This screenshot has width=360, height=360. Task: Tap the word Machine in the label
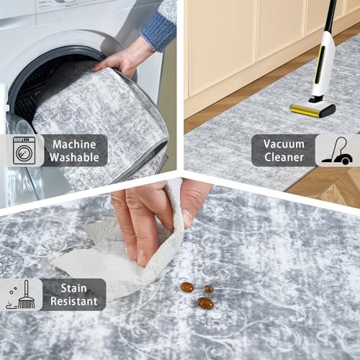coord(74,143)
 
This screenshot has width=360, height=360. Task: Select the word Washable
coord(74,158)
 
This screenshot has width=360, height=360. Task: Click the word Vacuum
coord(284,143)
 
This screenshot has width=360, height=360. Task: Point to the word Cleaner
coord(284,158)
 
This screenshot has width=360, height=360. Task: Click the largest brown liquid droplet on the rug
coord(205,303)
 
